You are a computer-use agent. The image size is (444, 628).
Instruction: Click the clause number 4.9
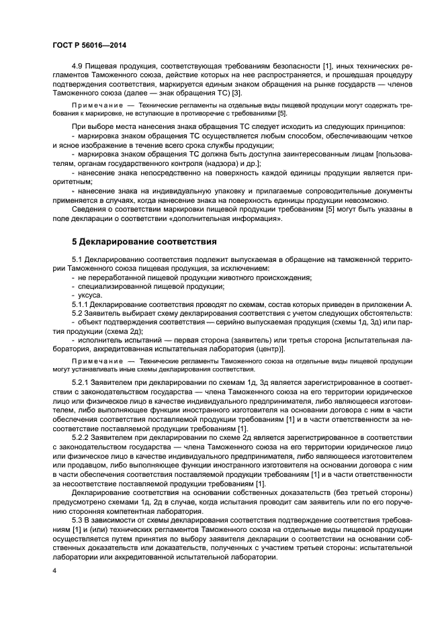78,69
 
